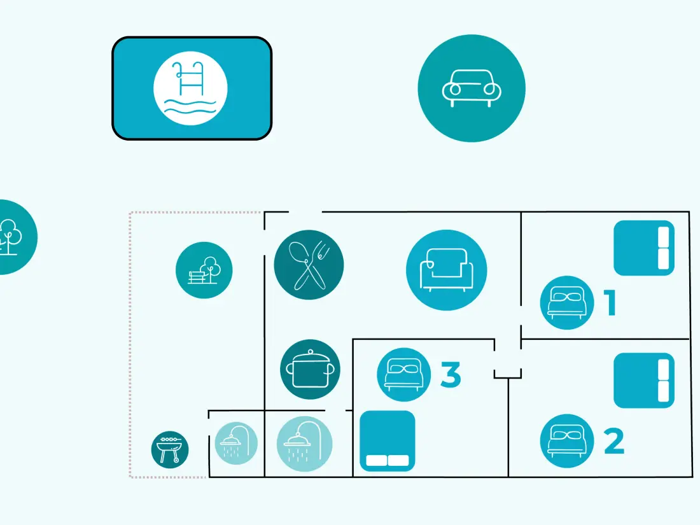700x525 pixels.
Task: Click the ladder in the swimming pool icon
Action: (x=191, y=78)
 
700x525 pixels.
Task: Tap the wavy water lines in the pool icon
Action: (x=190, y=107)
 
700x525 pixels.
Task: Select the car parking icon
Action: (x=472, y=88)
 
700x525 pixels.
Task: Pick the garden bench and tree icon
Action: (x=204, y=270)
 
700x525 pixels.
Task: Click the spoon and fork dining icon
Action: (x=309, y=265)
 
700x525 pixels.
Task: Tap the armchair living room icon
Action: (x=447, y=270)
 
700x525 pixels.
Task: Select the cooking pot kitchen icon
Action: (x=311, y=370)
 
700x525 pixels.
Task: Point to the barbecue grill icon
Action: (x=170, y=449)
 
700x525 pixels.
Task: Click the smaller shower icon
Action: (x=236, y=443)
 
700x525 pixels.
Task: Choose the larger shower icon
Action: (x=304, y=444)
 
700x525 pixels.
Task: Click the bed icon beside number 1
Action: (x=567, y=303)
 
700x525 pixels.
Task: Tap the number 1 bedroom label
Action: (x=611, y=303)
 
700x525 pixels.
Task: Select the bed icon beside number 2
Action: (x=567, y=441)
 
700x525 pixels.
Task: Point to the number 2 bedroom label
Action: (x=614, y=441)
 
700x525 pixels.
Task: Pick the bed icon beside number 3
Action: (x=404, y=375)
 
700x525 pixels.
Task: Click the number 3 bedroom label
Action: (x=451, y=375)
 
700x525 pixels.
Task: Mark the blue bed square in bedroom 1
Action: (x=644, y=248)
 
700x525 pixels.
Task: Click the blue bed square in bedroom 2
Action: (x=644, y=381)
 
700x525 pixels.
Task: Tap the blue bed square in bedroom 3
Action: (x=388, y=441)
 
